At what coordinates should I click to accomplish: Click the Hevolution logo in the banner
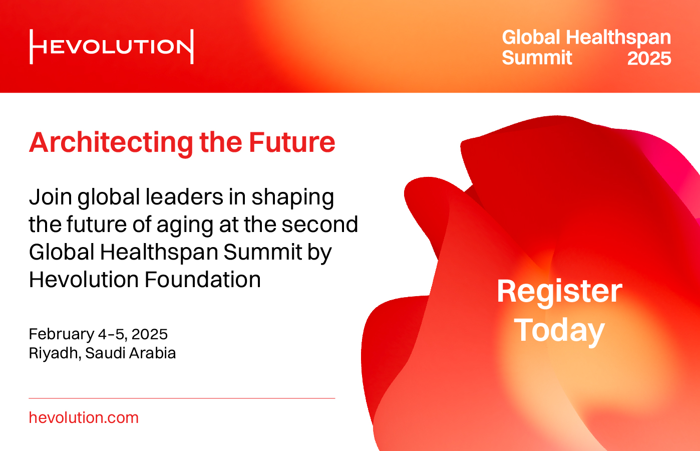112,47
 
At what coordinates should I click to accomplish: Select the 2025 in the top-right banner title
649,58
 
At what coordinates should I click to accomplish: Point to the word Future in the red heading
292,142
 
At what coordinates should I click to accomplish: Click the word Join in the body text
50,197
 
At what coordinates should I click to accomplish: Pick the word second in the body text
319,224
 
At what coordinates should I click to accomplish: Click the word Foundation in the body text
202,279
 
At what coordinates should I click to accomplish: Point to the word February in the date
61,335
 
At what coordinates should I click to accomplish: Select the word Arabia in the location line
153,353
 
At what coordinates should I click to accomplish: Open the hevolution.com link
84,417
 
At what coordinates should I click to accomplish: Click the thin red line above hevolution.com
182,398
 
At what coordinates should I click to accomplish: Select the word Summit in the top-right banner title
537,58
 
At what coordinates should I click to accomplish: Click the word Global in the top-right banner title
531,37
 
